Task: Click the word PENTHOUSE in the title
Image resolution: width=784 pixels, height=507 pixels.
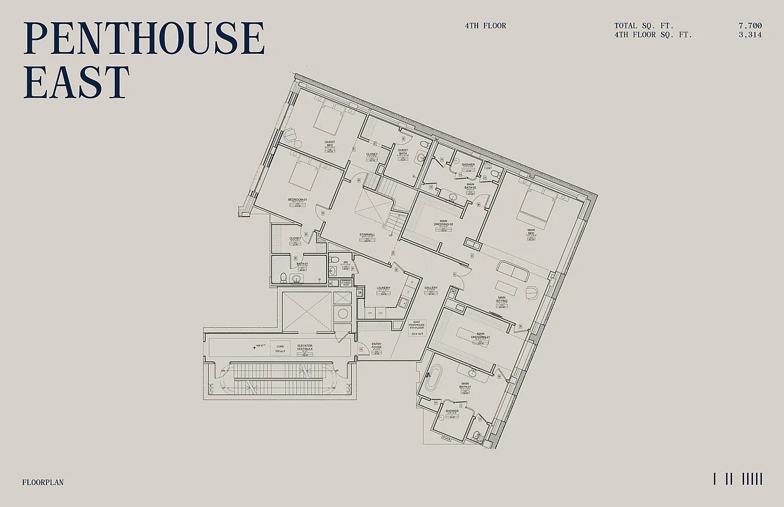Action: coord(143,39)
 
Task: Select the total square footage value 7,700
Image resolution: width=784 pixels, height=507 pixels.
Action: coord(750,26)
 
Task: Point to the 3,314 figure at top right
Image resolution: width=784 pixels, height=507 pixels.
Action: coord(750,35)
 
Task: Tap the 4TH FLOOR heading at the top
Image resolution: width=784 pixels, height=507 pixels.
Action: coord(485,26)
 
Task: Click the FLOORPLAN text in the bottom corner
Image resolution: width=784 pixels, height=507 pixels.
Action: coord(42,482)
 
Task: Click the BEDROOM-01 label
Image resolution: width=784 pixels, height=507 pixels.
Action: coord(297,200)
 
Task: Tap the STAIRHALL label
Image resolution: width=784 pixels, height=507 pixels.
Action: coord(367,235)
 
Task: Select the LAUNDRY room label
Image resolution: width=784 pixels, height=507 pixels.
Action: coord(383,288)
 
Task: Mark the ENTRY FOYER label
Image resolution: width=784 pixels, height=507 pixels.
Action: coord(377,346)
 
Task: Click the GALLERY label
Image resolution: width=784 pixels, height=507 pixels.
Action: coord(431,288)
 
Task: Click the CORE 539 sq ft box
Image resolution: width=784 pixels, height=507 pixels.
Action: coord(279,347)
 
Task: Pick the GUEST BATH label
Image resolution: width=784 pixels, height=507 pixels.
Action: coord(403,152)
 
